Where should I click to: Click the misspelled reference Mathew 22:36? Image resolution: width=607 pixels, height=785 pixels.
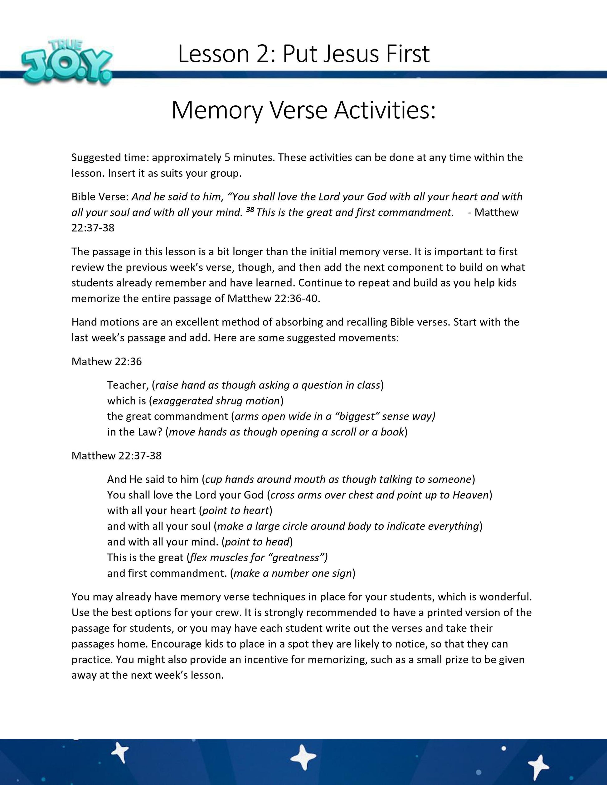click(x=106, y=361)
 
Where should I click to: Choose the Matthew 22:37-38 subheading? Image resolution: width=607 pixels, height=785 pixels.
click(x=117, y=455)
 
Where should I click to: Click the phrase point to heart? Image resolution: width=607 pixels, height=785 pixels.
click(x=236, y=510)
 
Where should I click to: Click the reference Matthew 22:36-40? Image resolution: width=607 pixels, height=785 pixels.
click(x=273, y=299)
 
